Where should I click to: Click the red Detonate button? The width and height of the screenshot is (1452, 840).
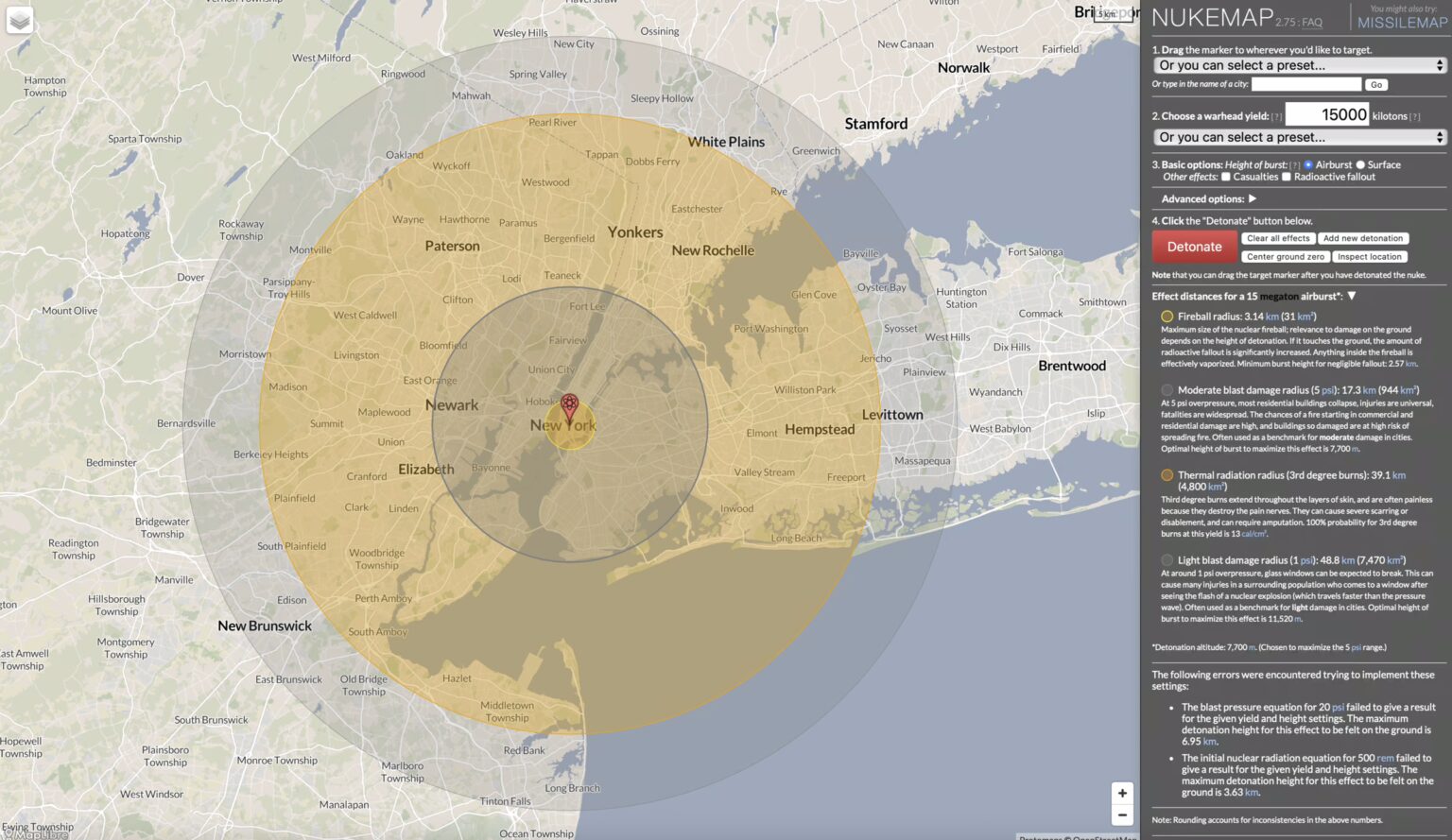click(1194, 247)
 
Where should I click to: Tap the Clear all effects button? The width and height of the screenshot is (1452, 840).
click(1277, 238)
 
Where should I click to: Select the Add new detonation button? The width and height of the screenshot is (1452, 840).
click(1362, 238)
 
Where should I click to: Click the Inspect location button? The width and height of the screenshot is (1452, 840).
click(1369, 257)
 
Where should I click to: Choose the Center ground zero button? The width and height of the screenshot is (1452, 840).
click(1285, 257)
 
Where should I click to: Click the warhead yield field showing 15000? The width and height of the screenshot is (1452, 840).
click(1326, 114)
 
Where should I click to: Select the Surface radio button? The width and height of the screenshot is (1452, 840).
click(1361, 164)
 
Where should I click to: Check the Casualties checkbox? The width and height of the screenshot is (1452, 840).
click(1226, 177)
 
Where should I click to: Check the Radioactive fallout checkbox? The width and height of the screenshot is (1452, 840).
click(1287, 177)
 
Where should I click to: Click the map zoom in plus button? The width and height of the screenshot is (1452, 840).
click(1122, 794)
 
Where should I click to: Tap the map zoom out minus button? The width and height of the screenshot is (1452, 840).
click(1122, 814)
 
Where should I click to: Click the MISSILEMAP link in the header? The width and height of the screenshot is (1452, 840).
click(1402, 23)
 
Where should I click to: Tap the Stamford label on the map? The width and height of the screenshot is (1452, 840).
click(875, 124)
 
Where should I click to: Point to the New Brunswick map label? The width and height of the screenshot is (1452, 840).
click(265, 626)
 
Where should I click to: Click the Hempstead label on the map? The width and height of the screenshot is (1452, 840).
click(820, 429)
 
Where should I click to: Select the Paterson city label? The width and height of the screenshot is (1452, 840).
click(452, 246)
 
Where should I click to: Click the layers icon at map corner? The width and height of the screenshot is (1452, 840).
click(20, 20)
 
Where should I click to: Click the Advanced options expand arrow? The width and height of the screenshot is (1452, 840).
click(1252, 198)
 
